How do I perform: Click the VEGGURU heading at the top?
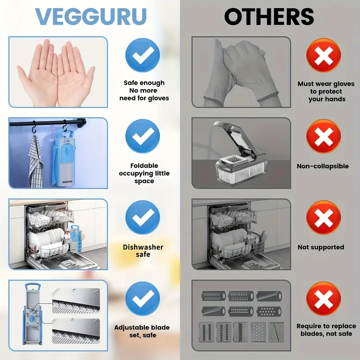[91, 17]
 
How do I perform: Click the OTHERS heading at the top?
[269, 17]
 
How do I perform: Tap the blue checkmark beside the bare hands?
[143, 55]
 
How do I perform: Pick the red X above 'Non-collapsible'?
[324, 137]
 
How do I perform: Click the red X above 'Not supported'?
[324, 219]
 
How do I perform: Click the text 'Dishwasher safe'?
[143, 251]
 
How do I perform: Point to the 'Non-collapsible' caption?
[323, 166]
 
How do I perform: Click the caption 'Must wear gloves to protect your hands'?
[326, 91]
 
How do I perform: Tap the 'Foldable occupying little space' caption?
[144, 173]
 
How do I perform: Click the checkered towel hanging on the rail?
[36, 157]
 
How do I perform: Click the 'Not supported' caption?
[321, 247]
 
